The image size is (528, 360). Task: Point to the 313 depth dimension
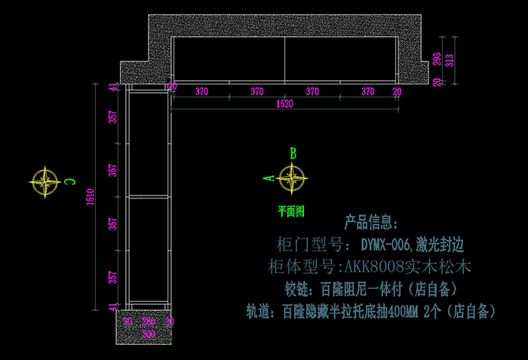450,60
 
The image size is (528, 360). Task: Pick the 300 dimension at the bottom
149,333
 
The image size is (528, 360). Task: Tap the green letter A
266,179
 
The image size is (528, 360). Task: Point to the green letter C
69,181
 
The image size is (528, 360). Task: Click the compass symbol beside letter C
45,181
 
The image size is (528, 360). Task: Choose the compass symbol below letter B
292,179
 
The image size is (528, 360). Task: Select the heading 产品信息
370,223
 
